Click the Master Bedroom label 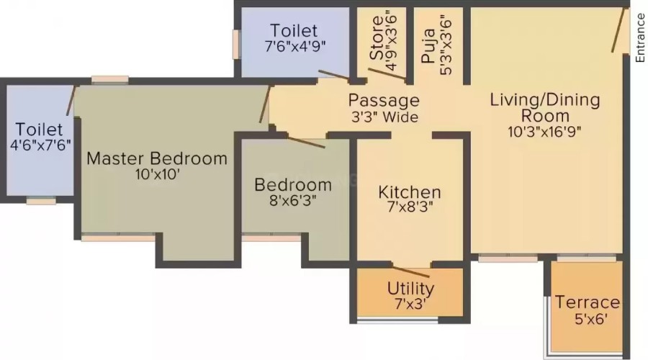(157, 158)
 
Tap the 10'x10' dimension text (158, 175)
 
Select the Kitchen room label (410, 193)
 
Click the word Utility (411, 289)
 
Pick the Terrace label (588, 302)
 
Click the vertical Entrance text (640, 38)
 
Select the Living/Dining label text (545, 100)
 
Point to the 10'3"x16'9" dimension (545, 132)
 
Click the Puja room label (429, 45)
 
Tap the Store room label (377, 38)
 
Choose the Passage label (384, 101)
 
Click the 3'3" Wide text (384, 117)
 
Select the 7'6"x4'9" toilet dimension (295, 46)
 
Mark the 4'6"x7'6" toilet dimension (40, 145)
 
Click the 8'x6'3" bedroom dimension (293, 201)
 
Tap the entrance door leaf (618, 30)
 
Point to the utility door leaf (411, 272)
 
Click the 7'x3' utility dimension (410, 305)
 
